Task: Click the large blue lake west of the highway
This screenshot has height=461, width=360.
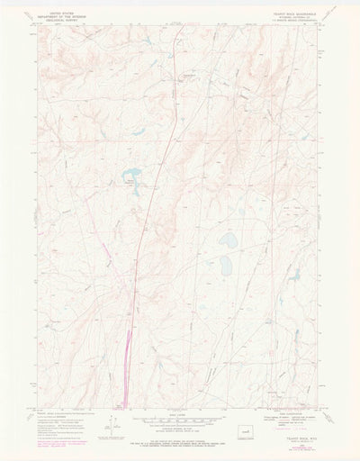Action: [132, 174]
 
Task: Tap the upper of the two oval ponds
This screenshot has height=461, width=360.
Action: [229, 240]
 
